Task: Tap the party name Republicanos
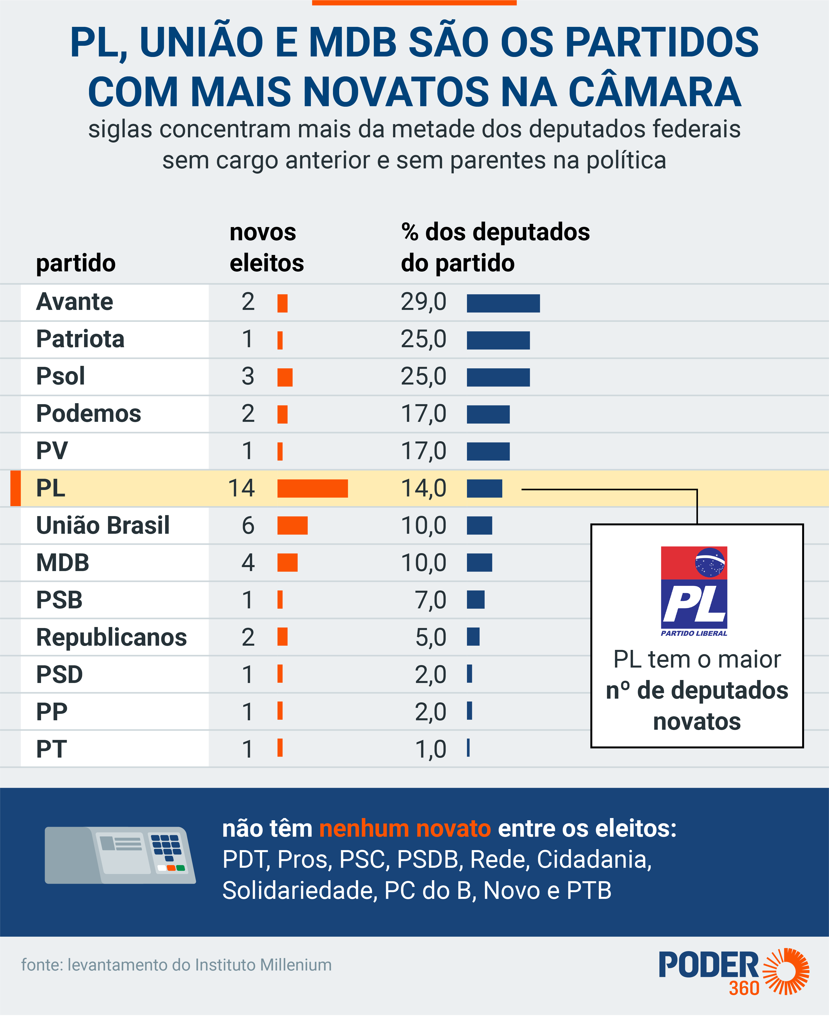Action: pyautogui.click(x=111, y=637)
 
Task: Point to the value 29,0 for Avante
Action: pyautogui.click(x=423, y=302)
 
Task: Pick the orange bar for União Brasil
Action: pyautogui.click(x=292, y=526)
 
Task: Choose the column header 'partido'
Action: pyautogui.click(x=76, y=263)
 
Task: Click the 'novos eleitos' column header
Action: pyautogui.click(x=267, y=247)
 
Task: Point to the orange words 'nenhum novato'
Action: pyautogui.click(x=405, y=829)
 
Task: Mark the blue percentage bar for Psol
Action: pyautogui.click(x=498, y=377)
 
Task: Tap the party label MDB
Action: pyautogui.click(x=63, y=563)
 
